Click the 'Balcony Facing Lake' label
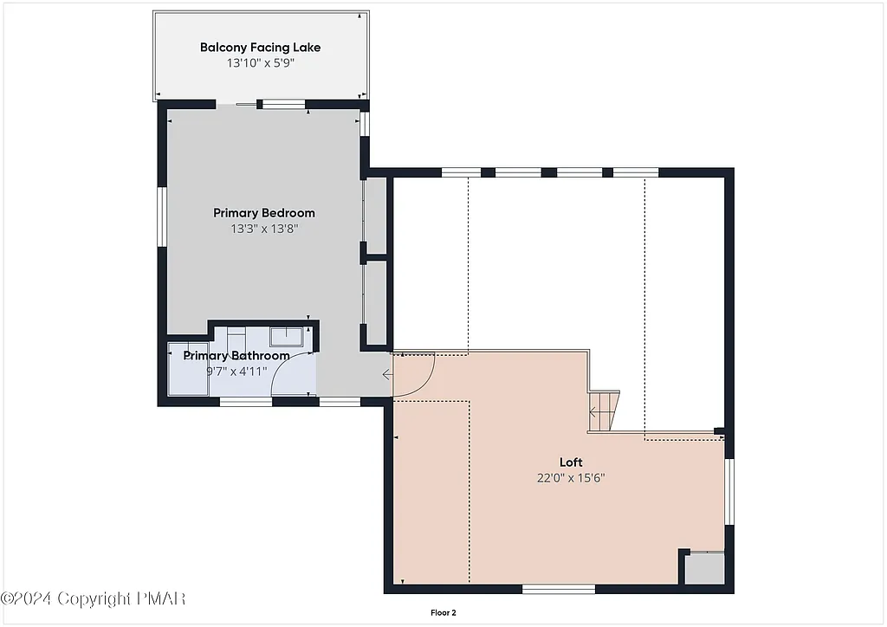[x=261, y=48]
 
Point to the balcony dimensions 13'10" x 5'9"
[x=261, y=63]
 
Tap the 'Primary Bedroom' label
[x=264, y=213]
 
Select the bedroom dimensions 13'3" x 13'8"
[x=264, y=229]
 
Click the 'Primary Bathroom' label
[x=236, y=356]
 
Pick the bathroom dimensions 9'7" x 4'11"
[x=236, y=372]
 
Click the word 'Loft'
[x=571, y=462]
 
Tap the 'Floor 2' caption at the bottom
[x=443, y=612]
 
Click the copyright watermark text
[x=94, y=598]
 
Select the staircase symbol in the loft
[x=605, y=410]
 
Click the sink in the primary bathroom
[x=285, y=337]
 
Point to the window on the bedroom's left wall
[x=161, y=217]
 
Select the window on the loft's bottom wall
[x=559, y=589]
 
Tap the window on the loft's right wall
[x=730, y=491]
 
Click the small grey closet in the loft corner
[x=703, y=568]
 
